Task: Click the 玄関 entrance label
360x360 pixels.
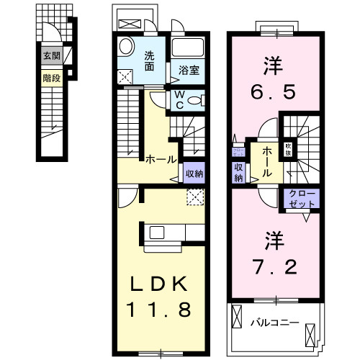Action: (x=50, y=55)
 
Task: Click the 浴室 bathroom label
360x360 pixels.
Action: (x=189, y=71)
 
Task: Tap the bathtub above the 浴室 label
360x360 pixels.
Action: (x=189, y=50)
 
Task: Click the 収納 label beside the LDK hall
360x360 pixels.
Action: (x=194, y=173)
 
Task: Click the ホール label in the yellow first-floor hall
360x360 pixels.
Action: (x=159, y=159)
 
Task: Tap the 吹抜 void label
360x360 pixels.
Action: (x=288, y=148)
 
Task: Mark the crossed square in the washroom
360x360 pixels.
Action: (x=125, y=76)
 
